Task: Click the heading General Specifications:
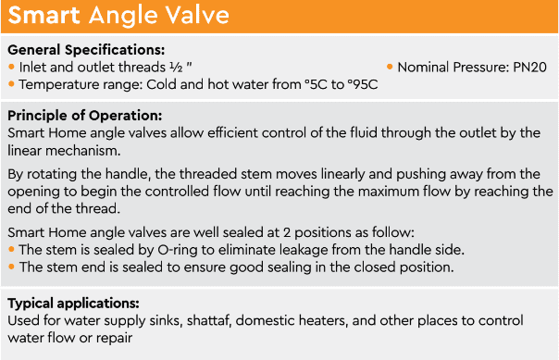point(86,50)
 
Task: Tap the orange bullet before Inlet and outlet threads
point(11,67)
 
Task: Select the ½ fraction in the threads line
point(176,67)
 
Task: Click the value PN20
point(529,67)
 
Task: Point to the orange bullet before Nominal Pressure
point(390,67)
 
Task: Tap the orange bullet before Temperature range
point(11,84)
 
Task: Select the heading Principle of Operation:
point(85,116)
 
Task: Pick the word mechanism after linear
point(83,151)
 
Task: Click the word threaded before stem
point(208,174)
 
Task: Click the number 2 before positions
point(287,232)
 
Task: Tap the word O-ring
point(178,250)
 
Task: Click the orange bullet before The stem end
point(11,267)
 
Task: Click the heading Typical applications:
point(73,304)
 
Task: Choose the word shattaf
point(209,320)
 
